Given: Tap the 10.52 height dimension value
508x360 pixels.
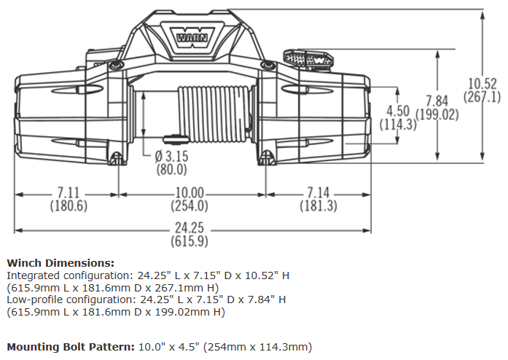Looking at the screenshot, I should click(482, 83).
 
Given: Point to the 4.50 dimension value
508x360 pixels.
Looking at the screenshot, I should click(399, 111).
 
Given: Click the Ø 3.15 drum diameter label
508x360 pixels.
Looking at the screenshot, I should click(171, 157).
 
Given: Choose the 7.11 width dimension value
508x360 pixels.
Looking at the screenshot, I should click(69, 193).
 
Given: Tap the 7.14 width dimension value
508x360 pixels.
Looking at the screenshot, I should click(319, 193).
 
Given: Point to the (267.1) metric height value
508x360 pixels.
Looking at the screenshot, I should click(482, 96).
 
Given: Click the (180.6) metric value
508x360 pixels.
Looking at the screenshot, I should click(69, 206).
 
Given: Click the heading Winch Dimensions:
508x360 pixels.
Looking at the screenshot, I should click(60, 262).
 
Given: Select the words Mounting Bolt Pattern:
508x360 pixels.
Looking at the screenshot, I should click(69, 346).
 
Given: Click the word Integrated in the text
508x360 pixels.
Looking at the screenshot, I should click(33, 275).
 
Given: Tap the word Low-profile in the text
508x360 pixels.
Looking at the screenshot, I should click(33, 300).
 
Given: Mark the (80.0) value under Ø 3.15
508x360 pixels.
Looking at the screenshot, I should click(171, 169).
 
